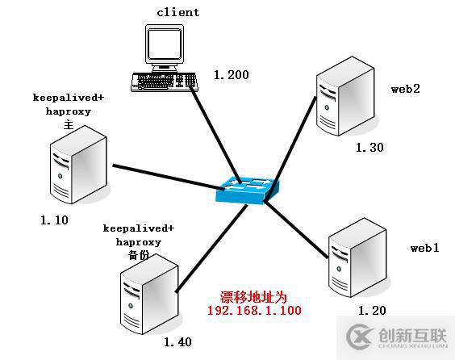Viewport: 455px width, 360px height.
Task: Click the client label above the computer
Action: point(178,12)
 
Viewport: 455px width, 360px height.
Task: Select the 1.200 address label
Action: point(232,75)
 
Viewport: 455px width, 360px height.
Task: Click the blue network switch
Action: point(248,188)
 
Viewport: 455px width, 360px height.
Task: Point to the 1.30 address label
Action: point(369,148)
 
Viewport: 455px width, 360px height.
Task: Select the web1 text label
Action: point(424,248)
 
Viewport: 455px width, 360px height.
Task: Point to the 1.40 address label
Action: point(177,341)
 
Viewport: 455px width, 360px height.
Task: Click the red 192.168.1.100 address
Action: point(254,310)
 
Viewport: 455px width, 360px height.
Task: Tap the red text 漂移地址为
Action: point(253,296)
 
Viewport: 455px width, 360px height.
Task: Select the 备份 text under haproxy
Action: point(139,254)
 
